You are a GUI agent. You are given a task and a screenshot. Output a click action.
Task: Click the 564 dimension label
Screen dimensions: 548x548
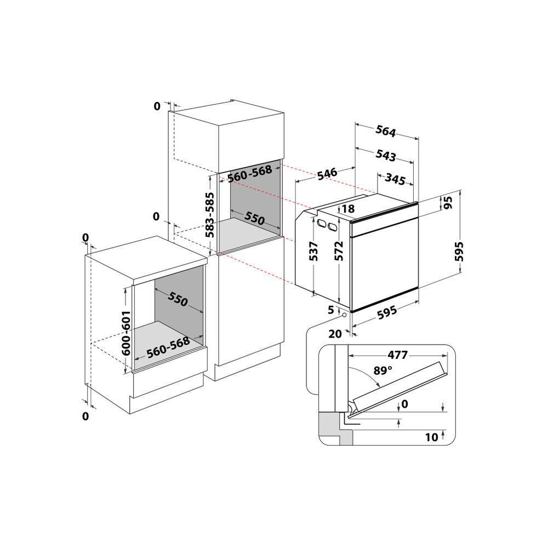[x=386, y=132]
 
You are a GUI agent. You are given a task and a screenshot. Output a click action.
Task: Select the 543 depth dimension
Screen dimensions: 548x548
[x=386, y=156]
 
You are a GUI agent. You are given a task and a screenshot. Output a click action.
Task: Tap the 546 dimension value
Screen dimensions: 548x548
[x=327, y=175]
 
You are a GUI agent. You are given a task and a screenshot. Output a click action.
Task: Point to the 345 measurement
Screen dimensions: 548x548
[x=395, y=179]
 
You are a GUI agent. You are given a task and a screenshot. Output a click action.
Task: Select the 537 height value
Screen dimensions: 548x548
[x=314, y=252]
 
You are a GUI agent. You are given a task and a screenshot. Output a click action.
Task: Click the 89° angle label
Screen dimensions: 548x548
[x=383, y=370]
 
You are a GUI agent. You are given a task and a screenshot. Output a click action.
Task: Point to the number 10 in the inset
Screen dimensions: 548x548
[x=432, y=437]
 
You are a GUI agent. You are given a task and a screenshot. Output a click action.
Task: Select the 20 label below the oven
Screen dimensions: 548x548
[x=335, y=333]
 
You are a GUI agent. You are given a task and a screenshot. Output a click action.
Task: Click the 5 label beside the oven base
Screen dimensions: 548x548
[x=330, y=310]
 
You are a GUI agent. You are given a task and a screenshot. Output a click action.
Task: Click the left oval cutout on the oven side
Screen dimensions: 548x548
[x=319, y=222]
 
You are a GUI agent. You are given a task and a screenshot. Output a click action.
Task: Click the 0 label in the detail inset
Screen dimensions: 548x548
[x=405, y=404]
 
